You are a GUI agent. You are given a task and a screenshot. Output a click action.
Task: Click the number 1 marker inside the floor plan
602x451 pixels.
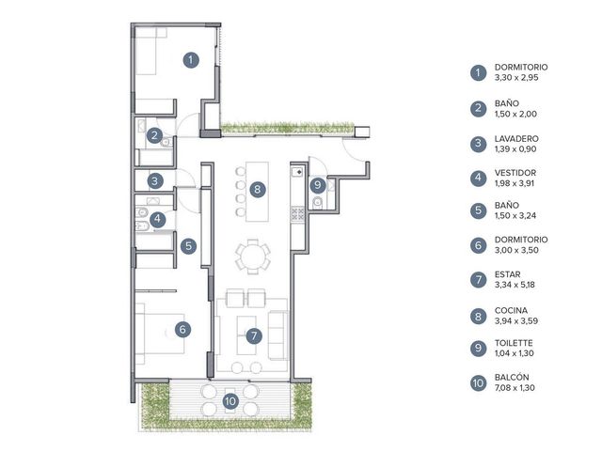click(191, 60)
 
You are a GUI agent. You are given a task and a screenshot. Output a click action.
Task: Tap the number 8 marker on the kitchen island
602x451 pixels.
click(257, 189)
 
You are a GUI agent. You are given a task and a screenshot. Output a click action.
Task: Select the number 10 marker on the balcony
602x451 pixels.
click(230, 401)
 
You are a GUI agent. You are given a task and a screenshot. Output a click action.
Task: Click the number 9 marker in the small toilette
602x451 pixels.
click(318, 185)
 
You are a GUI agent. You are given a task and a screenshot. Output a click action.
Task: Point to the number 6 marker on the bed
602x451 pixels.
click(182, 329)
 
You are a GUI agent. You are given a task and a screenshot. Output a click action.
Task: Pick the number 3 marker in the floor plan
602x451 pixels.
click(154, 180)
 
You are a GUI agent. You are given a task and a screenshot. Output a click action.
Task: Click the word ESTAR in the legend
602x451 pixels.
click(508, 274)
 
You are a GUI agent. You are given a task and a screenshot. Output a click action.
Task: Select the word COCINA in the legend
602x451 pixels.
click(511, 310)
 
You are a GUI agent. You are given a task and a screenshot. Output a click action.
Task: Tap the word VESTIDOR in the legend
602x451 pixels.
click(515, 173)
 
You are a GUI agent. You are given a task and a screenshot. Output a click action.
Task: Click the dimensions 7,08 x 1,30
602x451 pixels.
click(515, 388)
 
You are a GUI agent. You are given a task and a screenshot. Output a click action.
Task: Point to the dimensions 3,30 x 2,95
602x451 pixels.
click(516, 77)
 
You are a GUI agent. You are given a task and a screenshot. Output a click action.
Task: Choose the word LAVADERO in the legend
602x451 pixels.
click(516, 138)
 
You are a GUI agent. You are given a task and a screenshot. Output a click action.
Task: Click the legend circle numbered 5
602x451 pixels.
click(478, 210)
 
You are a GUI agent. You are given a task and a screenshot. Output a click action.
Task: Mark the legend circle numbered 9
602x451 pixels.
click(478, 348)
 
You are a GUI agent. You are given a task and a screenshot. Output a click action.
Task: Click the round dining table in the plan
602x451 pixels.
click(253, 257)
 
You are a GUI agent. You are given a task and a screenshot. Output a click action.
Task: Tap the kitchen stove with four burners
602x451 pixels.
click(297, 214)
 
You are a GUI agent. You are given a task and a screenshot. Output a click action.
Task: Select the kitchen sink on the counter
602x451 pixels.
click(297, 172)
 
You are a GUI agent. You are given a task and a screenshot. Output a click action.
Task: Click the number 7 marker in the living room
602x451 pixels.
click(254, 336)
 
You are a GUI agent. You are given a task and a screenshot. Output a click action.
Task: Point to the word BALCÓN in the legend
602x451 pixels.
click(512, 378)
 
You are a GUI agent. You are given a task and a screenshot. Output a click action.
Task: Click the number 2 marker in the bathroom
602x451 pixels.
click(154, 135)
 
